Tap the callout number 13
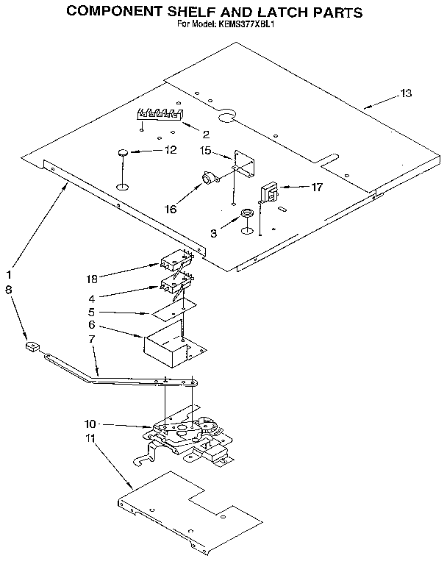[x=406, y=93]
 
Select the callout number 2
[x=206, y=134]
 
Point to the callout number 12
[x=171, y=150]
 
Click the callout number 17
[x=317, y=188]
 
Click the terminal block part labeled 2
[x=157, y=114]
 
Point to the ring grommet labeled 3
[x=248, y=214]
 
